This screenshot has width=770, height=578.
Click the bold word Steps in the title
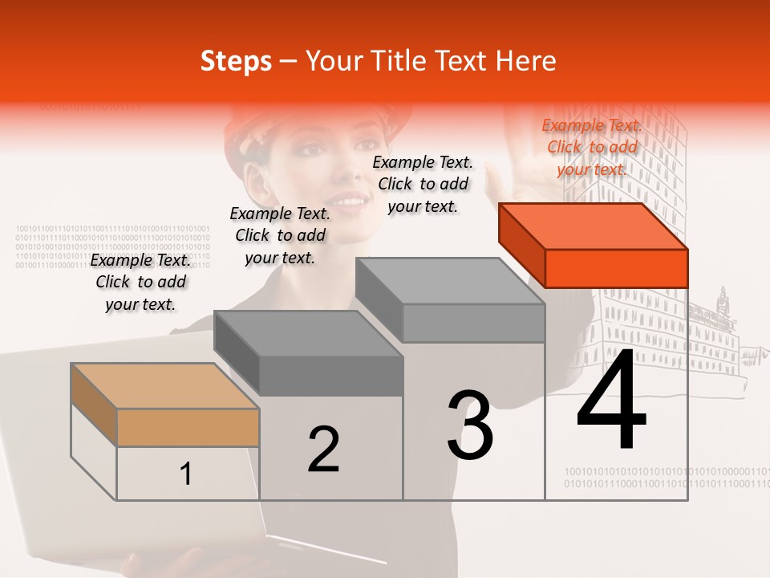click(x=236, y=61)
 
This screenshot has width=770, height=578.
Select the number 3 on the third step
click(x=470, y=425)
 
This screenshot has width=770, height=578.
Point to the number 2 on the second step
click(x=323, y=449)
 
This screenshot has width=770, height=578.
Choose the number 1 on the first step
click(x=185, y=474)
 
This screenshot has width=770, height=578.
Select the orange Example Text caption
click(x=592, y=147)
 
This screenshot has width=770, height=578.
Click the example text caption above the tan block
click(x=141, y=282)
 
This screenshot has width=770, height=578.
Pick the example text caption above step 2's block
click(x=280, y=235)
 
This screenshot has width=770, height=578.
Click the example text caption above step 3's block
click(x=423, y=184)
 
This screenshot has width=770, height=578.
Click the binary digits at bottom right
click(x=666, y=478)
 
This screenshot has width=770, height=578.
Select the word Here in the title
click(x=525, y=61)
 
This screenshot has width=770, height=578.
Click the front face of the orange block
click(x=616, y=268)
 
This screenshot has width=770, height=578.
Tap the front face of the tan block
click(x=188, y=427)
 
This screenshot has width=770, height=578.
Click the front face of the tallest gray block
click(x=473, y=323)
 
